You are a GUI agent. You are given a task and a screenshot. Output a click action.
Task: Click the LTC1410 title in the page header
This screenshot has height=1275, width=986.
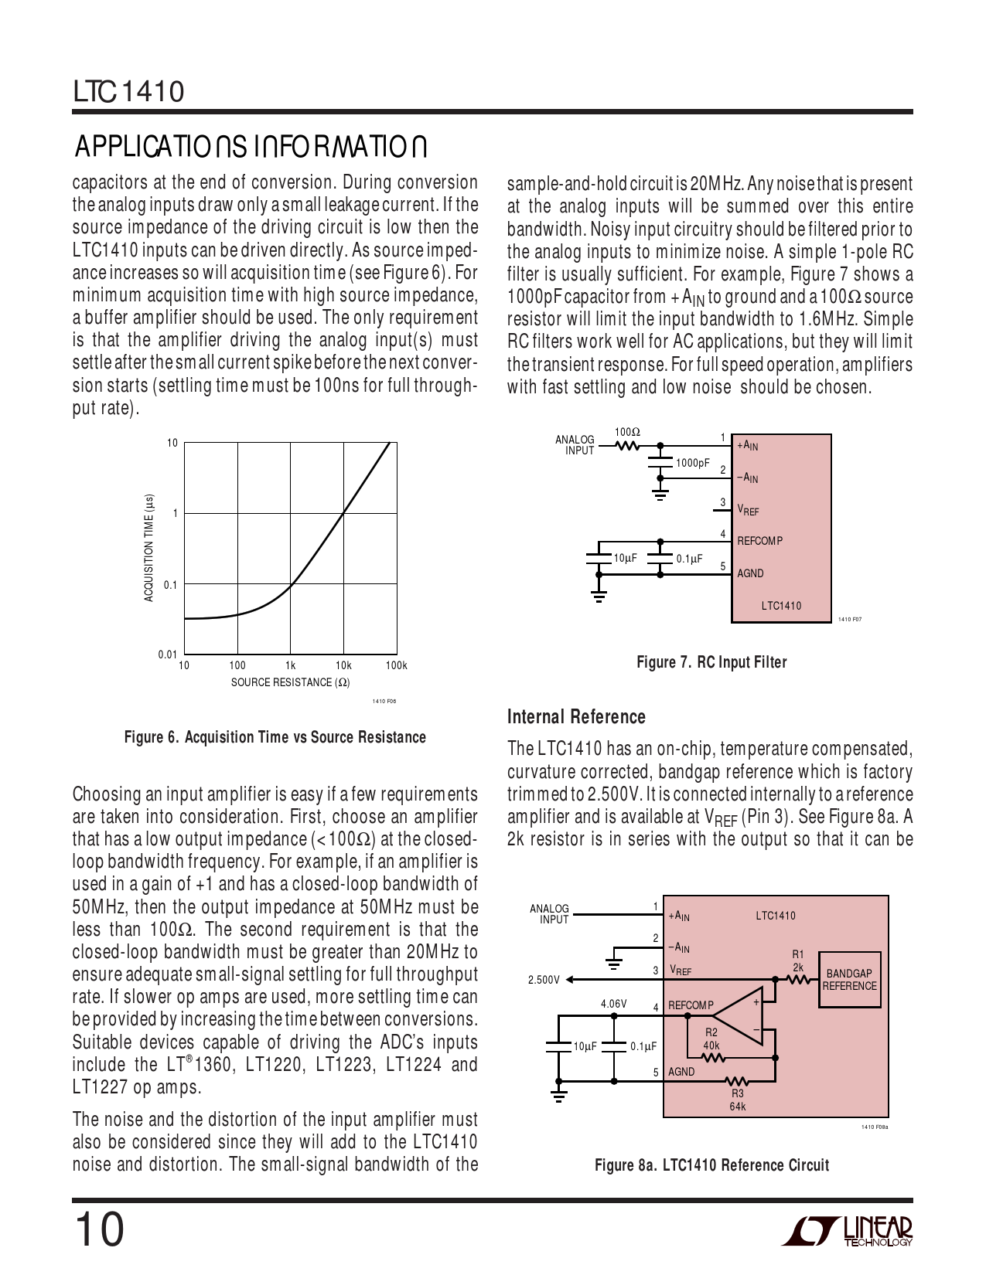click(x=129, y=92)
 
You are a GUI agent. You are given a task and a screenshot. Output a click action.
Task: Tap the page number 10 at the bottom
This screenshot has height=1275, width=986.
click(x=98, y=1229)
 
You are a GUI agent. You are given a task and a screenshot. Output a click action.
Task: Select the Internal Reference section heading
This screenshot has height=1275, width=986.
click(x=576, y=717)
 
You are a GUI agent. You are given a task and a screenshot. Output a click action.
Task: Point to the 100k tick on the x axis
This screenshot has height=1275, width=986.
click(x=396, y=665)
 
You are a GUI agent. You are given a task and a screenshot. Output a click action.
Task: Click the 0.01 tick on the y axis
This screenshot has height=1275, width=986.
click(x=168, y=654)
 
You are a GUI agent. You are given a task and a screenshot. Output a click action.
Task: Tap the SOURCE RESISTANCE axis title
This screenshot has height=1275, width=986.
click(x=290, y=682)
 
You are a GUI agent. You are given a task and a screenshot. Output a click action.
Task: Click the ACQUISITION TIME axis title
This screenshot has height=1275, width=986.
click(x=149, y=548)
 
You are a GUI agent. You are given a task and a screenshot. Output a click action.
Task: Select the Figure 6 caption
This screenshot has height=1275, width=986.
click(x=275, y=737)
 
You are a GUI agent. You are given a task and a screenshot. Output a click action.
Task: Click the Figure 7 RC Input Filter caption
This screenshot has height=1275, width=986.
click(x=711, y=662)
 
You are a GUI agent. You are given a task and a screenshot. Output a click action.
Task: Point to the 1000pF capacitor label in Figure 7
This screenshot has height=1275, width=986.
click(x=692, y=463)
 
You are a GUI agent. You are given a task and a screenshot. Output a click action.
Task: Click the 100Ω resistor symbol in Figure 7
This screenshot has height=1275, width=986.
click(x=627, y=445)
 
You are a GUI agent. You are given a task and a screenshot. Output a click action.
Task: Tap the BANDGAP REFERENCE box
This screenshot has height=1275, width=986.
click(x=850, y=980)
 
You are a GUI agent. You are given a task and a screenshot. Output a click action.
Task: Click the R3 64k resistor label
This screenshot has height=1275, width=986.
click(x=737, y=1100)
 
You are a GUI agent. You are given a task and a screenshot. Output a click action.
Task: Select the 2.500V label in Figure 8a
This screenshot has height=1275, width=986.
click(x=544, y=980)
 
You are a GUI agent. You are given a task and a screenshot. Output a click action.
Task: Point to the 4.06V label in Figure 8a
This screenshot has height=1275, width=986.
click(x=613, y=1004)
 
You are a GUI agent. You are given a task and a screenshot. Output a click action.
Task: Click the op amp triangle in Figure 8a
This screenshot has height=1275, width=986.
click(x=739, y=1015)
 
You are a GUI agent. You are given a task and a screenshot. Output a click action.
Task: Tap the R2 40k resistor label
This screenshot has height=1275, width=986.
click(x=711, y=1039)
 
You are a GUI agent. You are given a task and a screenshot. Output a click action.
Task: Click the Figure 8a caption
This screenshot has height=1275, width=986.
click(x=711, y=1165)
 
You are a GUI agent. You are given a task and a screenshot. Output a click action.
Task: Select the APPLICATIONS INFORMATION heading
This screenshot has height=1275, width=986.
click(x=251, y=147)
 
